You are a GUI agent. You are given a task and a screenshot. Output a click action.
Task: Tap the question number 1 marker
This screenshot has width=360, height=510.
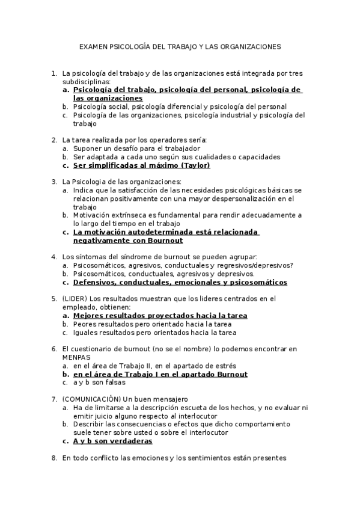53,73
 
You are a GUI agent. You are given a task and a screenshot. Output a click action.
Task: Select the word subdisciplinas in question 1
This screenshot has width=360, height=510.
86,81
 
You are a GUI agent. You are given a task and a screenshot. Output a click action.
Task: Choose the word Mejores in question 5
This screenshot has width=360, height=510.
91,315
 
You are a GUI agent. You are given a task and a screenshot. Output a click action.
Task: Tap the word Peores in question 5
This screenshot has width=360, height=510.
85,324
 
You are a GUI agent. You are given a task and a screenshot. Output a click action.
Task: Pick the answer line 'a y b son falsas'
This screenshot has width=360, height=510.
99,382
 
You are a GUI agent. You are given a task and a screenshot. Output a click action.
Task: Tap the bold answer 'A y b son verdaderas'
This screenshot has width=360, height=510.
112,441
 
